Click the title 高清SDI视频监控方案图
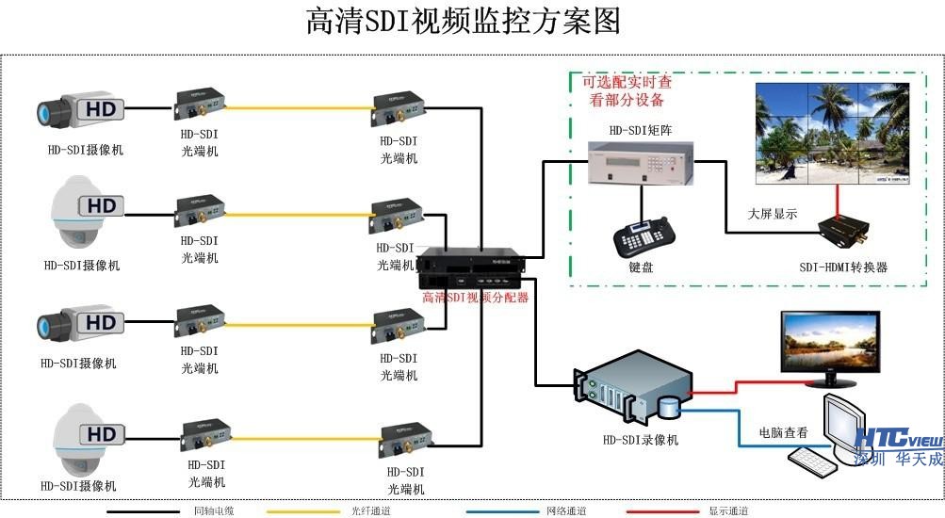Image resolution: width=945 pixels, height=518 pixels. (x=464, y=21)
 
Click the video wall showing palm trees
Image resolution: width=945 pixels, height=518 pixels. (x=833, y=132)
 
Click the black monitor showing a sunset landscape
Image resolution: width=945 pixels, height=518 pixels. (x=830, y=346)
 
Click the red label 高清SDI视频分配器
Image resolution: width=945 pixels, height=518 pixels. (x=475, y=298)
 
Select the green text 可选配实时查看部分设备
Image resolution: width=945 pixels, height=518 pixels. (x=627, y=91)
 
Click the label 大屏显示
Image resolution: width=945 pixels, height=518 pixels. (x=772, y=214)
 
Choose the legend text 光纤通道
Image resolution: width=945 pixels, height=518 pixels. (x=371, y=510)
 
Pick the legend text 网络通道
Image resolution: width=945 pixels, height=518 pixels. (x=566, y=510)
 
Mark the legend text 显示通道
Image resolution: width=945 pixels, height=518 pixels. (x=728, y=510)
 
